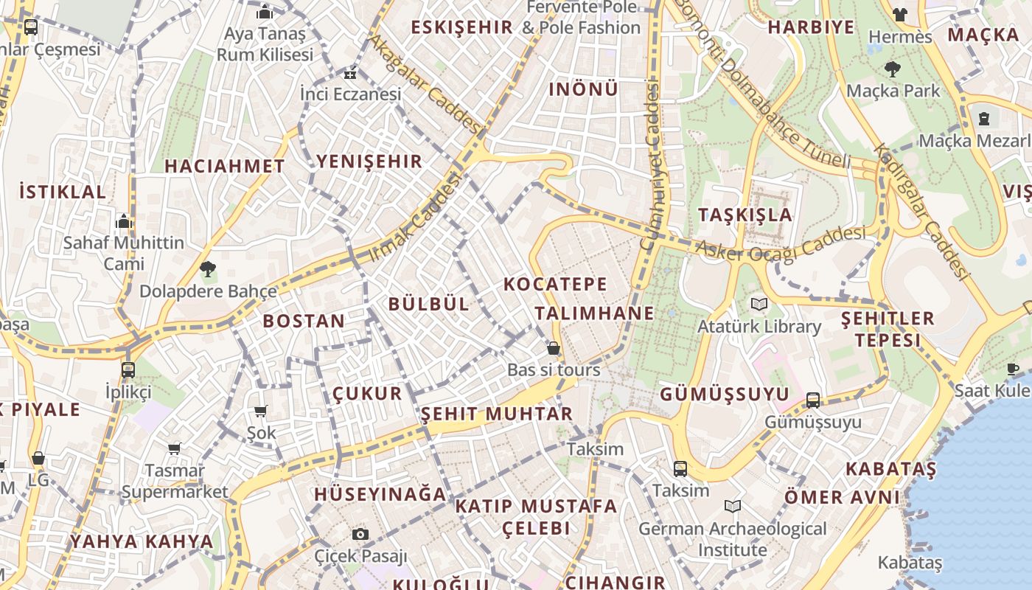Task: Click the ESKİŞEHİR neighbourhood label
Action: coord(461,28)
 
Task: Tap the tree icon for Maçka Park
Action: coord(893,69)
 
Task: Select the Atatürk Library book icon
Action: coord(759,304)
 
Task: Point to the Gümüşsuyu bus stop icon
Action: coord(813,400)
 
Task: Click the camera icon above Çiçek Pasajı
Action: coord(360,534)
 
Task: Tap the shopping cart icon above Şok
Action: coord(260,412)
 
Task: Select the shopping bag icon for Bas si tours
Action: coord(553,348)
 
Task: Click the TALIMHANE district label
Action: coord(594,313)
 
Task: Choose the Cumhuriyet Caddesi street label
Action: coord(650,166)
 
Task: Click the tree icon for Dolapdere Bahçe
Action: coord(208,269)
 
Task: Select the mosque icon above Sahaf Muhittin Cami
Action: coord(123,221)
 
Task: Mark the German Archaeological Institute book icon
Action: coord(732,507)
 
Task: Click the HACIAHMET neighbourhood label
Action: coord(225,167)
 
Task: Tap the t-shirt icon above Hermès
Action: coord(899,15)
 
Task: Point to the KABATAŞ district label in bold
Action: coord(890,469)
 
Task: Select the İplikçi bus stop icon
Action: coord(128,369)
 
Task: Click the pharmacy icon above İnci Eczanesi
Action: coord(350,73)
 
